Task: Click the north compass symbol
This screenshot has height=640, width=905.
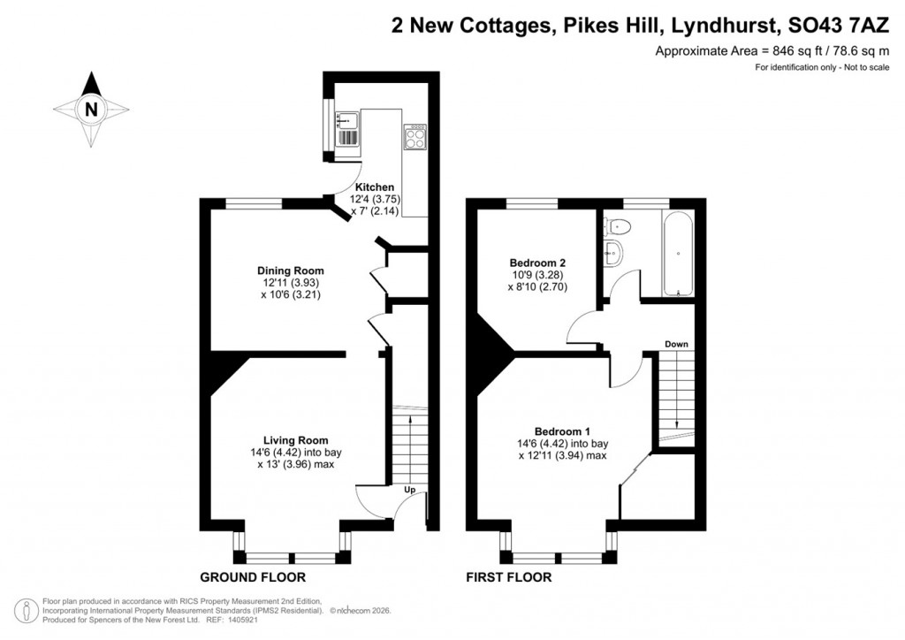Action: pos(91,110)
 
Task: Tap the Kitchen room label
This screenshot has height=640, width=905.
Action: pos(375,187)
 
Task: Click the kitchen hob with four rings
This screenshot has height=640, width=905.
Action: pos(414,136)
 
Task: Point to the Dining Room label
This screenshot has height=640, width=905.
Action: pos(290,270)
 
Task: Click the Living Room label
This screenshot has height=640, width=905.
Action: pos(295,440)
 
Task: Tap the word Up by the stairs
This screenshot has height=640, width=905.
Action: pos(409,490)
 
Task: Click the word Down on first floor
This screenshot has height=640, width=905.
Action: pos(676,344)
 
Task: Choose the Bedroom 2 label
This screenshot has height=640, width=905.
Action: pos(537,263)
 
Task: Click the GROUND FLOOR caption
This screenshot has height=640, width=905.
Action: pos(253,577)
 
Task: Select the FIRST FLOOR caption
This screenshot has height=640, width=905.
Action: pos(509,577)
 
